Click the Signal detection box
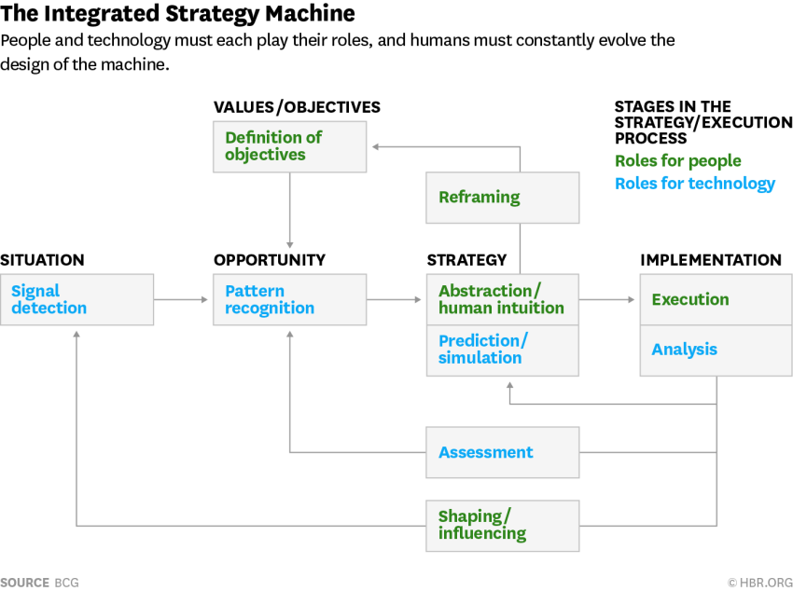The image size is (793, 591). coord(77,299)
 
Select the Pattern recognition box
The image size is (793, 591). coord(290,299)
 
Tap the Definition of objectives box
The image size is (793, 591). coord(290,146)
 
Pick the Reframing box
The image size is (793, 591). coord(503,198)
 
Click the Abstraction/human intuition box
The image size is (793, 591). coord(503,299)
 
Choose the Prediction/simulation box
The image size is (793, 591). coord(503,350)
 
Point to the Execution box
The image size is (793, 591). coord(716,299)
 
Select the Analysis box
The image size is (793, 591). coord(716,350)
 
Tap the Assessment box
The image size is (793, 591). coord(503,452)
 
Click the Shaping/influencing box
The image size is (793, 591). coord(503,526)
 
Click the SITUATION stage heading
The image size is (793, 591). coord(43,260)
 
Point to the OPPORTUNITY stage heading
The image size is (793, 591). coord(270,260)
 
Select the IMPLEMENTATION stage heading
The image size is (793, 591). coord(711,260)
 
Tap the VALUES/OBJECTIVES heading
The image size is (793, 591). coord(297,107)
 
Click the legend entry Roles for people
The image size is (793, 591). coord(677,160)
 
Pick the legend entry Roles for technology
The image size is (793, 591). coord(695,184)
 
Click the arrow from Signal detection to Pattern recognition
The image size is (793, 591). coord(181,299)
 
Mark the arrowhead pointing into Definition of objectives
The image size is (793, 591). coord(376,147)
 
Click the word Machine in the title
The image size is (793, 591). coord(310,13)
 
